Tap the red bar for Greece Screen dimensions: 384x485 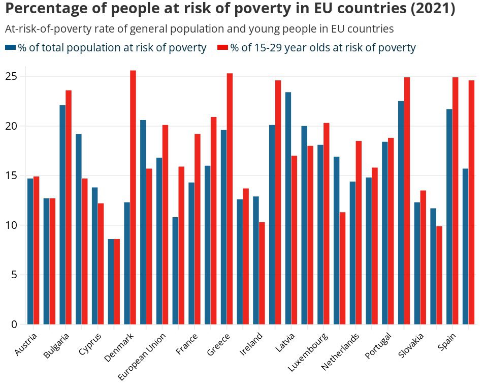230,199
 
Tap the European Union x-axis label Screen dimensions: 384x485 143,356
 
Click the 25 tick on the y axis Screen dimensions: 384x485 11,76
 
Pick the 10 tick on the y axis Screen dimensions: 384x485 11,225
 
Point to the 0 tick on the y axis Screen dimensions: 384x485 14,324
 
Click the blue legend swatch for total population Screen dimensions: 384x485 11,47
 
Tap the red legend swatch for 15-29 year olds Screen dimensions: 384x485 222,47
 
